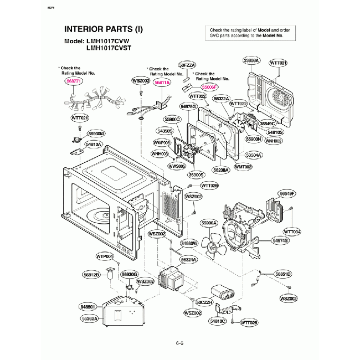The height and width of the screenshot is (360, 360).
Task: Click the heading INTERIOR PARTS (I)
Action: tap(104, 29)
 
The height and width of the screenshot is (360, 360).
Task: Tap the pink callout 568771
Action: tap(73, 80)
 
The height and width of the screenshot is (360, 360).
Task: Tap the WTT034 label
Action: tap(292, 231)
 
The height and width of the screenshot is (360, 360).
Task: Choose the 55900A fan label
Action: tap(209, 222)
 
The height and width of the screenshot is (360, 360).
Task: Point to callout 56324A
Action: tap(188, 259)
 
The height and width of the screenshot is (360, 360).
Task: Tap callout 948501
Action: tap(88, 306)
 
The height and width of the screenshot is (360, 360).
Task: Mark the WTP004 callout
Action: tap(105, 256)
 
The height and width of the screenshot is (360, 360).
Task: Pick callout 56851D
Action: tap(283, 274)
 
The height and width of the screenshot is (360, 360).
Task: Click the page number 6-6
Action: tap(180, 344)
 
